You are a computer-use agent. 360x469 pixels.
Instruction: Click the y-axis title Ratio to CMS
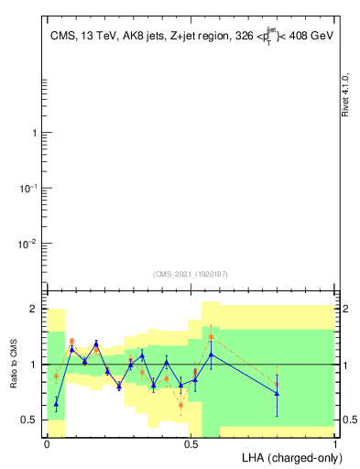16,364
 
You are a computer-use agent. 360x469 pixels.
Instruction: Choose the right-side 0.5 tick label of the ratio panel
350,420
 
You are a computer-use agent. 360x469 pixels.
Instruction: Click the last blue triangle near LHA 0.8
277,393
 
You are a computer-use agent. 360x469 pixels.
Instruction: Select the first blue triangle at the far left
57,403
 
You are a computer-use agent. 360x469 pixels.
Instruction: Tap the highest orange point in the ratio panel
211,337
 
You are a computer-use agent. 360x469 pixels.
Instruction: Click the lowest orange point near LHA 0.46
180,405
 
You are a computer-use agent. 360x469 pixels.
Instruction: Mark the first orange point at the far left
57,376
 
